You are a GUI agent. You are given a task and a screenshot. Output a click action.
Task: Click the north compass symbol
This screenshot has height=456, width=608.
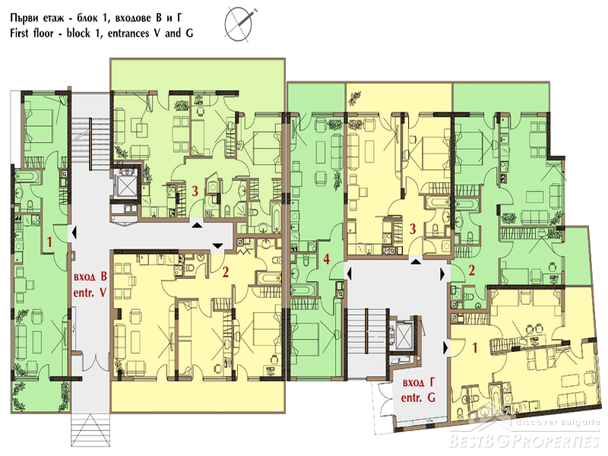239,24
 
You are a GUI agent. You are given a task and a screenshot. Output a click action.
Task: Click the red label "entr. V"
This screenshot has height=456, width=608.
90,293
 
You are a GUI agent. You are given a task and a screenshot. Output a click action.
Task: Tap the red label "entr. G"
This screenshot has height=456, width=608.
418,397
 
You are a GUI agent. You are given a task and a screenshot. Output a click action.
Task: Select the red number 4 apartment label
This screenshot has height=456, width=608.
327,258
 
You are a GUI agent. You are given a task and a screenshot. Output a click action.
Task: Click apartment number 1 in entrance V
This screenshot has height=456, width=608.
49,242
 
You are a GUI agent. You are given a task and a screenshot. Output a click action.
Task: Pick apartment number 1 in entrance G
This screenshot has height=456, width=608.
474,348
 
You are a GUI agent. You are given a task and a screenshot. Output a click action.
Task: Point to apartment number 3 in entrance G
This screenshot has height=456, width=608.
413,229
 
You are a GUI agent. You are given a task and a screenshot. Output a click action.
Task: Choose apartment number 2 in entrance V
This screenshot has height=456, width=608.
225,272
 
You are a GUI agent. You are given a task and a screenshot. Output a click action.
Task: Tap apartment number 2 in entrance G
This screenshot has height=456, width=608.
471,271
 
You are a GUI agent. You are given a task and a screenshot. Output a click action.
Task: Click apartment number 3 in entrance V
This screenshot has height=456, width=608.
195,191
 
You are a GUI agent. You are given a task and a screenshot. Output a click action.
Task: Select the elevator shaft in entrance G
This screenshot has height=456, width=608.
404,334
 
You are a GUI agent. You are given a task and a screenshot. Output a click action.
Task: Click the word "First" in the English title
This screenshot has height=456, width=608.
20,33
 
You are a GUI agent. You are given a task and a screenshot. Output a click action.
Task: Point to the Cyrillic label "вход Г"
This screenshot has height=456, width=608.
419,383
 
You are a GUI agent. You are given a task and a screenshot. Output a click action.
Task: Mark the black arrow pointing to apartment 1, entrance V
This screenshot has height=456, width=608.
74,233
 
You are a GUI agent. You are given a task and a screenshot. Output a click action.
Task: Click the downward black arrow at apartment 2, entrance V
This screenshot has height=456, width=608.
218,245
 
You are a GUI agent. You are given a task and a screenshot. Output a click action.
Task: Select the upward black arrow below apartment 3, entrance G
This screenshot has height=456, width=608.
416,261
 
